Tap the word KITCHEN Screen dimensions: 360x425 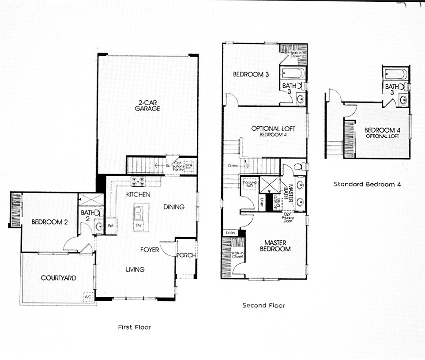coord(138,194)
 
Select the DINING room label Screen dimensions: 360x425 coord(174,207)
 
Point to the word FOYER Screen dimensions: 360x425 coord(150,250)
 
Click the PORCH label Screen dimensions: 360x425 coord(186,255)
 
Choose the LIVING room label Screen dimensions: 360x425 coord(135,269)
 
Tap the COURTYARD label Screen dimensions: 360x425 coord(58,278)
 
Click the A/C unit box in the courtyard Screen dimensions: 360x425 coord(88,298)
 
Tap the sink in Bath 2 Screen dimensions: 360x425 coord(99,227)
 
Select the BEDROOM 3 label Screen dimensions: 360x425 coord(251,75)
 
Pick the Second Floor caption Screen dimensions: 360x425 coord(263,305)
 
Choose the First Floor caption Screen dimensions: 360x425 coord(134,327)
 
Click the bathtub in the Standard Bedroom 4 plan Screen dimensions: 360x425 coord(395,74)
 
